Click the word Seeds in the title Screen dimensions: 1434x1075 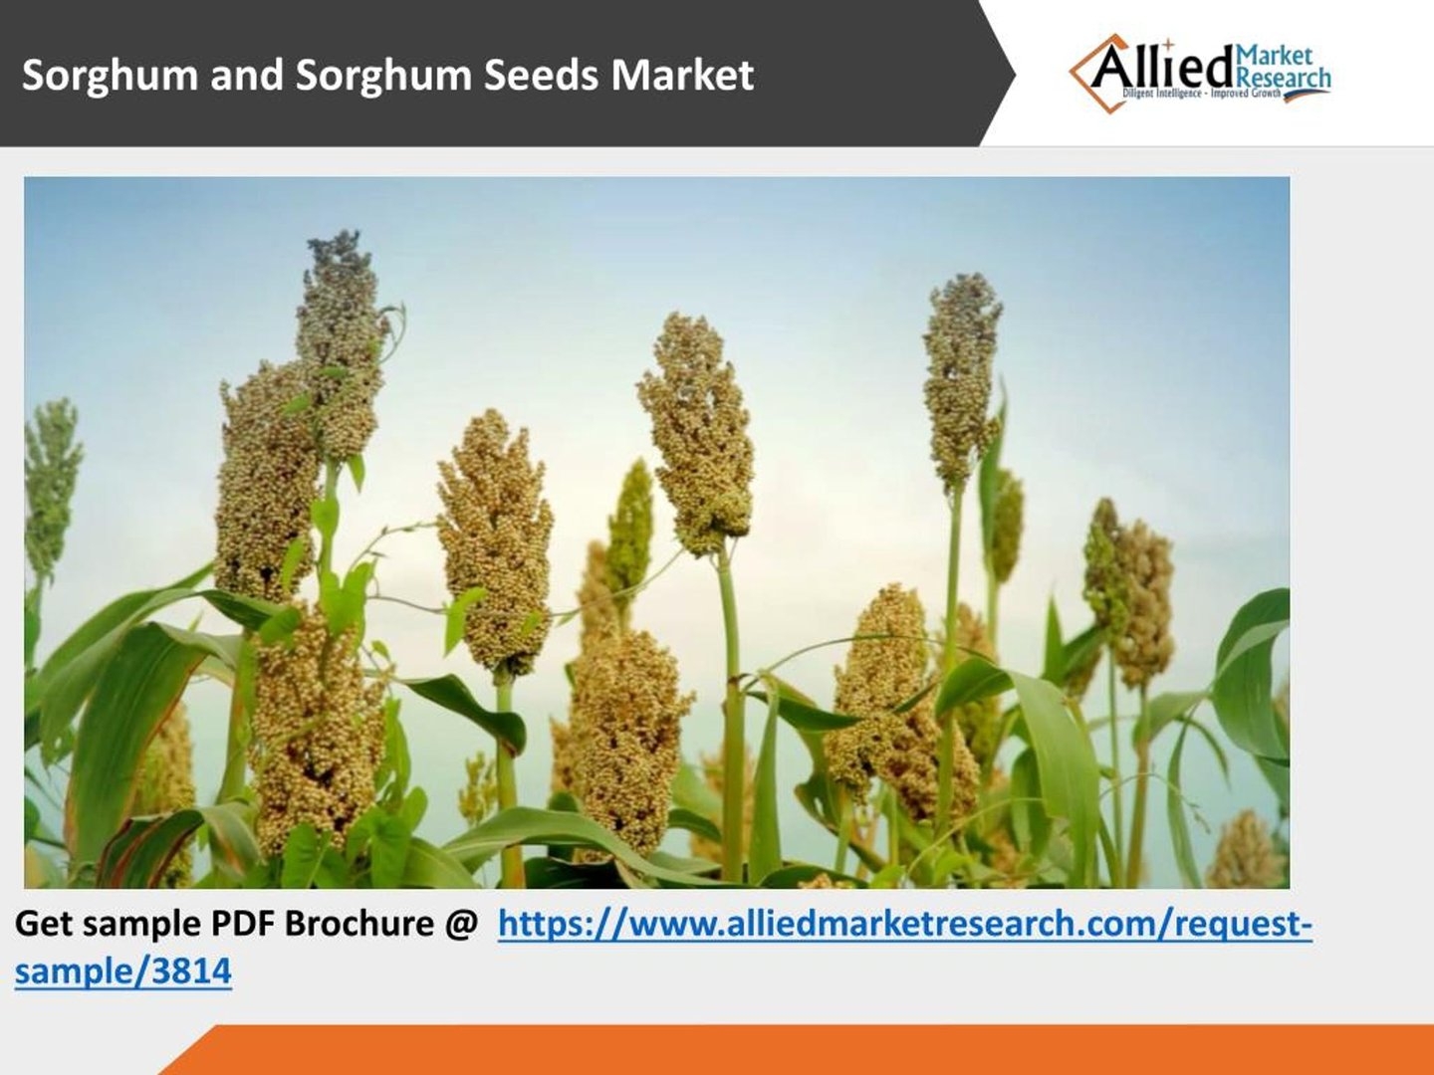click(543, 75)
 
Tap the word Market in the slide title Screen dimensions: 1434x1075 click(683, 75)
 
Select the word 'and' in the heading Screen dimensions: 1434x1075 click(247, 75)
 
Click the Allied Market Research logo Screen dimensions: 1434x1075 click(1199, 74)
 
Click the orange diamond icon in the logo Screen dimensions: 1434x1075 click(1097, 74)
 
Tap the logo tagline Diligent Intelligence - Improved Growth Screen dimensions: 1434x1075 click(1201, 94)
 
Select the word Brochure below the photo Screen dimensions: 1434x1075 click(358, 924)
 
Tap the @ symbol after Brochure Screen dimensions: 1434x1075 click(461, 925)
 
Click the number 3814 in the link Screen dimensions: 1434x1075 click(191, 970)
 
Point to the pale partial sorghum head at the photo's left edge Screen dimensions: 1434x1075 click(51, 490)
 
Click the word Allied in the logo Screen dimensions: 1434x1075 click(1164, 68)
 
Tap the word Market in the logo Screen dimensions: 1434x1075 click(1274, 56)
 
